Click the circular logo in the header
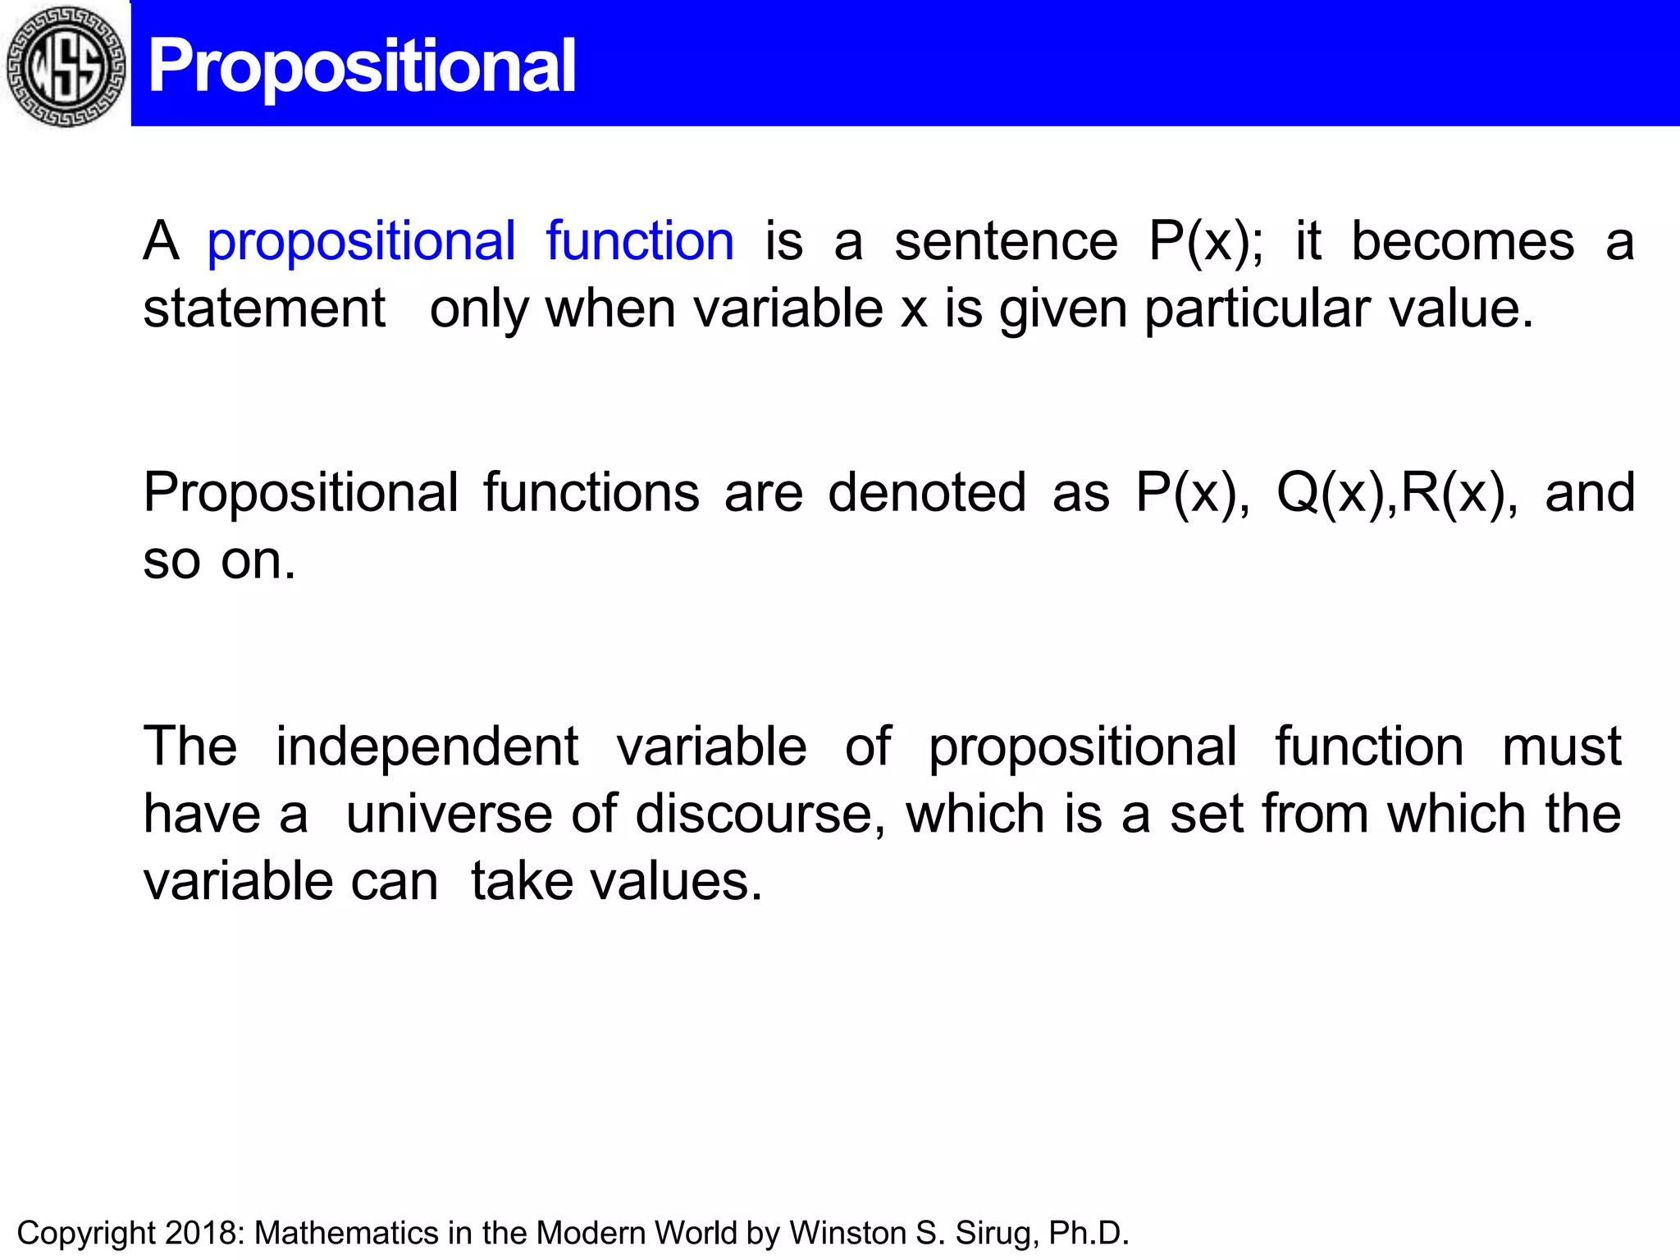66,66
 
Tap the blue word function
640,241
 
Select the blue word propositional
361,243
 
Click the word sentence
1006,242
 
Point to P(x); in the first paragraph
1205,242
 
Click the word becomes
1463,242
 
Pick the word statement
264,309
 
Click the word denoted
927,493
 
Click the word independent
427,747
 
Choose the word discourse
760,815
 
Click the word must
1561,747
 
